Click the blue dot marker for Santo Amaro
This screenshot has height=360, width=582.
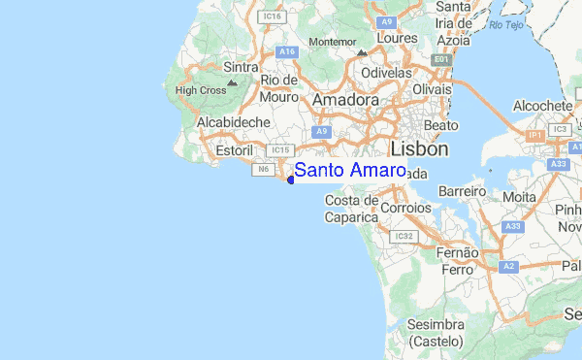click(x=291, y=180)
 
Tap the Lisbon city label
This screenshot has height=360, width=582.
click(x=419, y=149)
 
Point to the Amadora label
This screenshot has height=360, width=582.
click(x=345, y=101)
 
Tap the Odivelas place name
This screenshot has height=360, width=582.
click(x=388, y=74)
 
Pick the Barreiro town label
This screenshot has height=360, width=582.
click(x=461, y=192)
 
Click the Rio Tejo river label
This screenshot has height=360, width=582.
click(x=506, y=24)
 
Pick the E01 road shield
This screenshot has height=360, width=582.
click(x=443, y=60)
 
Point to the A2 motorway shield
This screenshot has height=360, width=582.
click(x=508, y=265)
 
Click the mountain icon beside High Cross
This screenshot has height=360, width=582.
click(x=231, y=83)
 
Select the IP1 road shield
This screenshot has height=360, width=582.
click(x=534, y=137)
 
